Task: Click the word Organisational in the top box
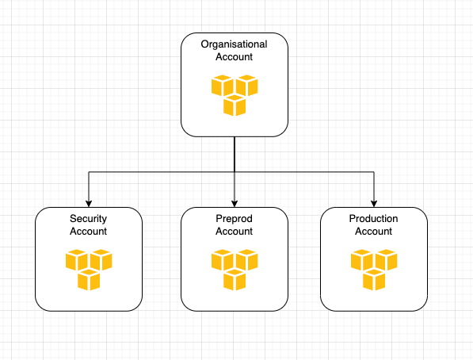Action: point(234,44)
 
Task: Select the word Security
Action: point(89,219)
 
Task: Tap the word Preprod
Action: point(234,219)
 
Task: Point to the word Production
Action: point(373,218)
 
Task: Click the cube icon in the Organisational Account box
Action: point(235,95)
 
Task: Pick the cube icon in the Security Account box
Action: point(89,270)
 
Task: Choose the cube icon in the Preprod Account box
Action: point(235,270)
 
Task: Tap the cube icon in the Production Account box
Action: point(374,270)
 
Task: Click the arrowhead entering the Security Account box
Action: point(89,204)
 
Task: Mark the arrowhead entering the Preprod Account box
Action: point(235,204)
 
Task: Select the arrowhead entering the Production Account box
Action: point(374,204)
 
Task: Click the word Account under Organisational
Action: point(234,57)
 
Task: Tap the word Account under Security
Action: point(89,232)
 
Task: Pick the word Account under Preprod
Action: point(234,232)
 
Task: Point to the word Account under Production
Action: point(373,232)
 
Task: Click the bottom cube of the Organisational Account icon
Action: point(235,105)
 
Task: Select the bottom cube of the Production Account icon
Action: point(374,280)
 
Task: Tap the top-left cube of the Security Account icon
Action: point(77,260)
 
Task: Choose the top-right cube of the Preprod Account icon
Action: point(246,260)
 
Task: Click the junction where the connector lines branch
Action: point(235,172)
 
